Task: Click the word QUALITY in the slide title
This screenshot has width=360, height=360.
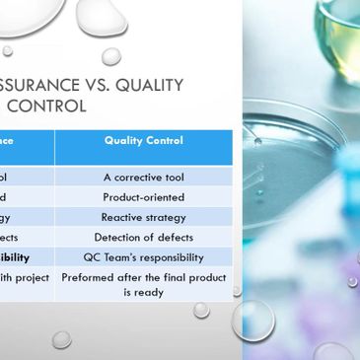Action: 148,85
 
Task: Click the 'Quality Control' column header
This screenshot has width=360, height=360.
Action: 144,140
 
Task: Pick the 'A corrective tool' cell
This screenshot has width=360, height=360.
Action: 144,178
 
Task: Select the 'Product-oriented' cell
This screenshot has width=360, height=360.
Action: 144,197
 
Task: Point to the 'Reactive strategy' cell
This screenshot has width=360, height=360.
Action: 144,217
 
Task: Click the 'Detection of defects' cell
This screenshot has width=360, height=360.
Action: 144,238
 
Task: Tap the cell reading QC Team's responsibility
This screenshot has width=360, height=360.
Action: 144,257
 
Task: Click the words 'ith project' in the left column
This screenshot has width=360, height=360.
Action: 24,278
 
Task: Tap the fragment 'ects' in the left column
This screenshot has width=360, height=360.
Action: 9,238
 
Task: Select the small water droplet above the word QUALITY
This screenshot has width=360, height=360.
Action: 111,55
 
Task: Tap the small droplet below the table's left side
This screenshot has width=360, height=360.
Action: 61,338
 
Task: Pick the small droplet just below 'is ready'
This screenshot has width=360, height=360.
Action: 201,310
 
